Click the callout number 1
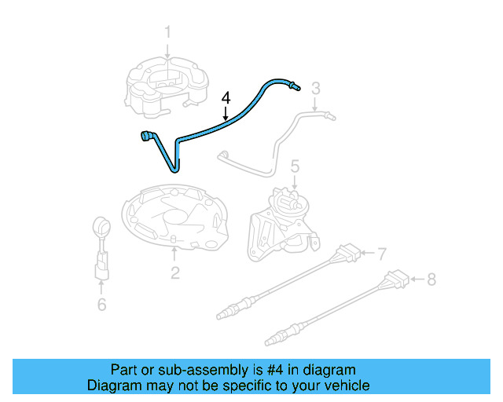coord(167,32)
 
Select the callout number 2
coord(174,272)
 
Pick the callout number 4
coord(226,98)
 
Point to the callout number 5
coord(295,166)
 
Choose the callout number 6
coord(101,304)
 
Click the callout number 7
coord(382,254)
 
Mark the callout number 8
coord(430,278)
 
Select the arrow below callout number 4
coord(226,115)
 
